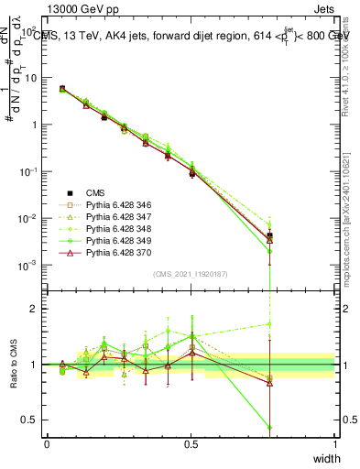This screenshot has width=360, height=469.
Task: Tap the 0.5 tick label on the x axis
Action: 191,443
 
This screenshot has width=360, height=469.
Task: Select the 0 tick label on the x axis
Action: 47,443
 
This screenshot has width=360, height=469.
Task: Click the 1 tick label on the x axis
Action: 335,443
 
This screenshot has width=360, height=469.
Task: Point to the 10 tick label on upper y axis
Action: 30,78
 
